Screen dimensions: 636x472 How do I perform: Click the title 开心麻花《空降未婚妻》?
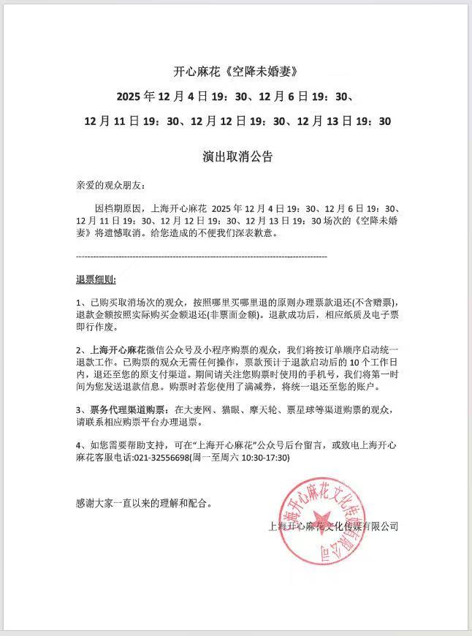click(237, 72)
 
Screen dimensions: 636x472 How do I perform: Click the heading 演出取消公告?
click(237, 157)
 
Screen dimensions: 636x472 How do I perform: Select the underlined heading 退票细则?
click(95, 280)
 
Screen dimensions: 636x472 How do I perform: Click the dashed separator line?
click(202, 257)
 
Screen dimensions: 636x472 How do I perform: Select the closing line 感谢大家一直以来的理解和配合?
click(145, 503)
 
